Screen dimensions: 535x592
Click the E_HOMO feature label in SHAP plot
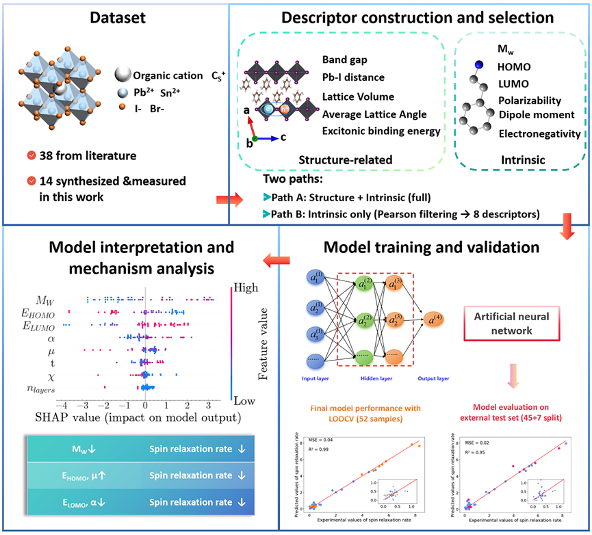(42, 313)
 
